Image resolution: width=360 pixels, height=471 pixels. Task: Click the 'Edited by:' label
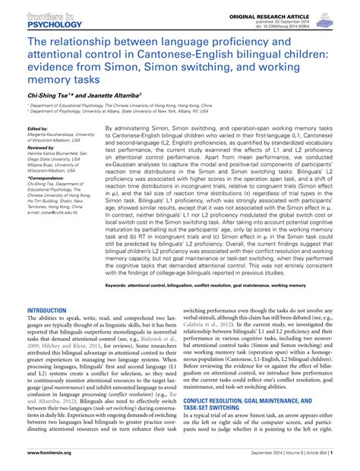[38, 130]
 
